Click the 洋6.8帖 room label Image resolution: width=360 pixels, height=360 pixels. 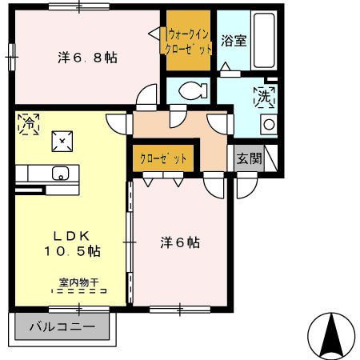pyautogui.click(x=87, y=58)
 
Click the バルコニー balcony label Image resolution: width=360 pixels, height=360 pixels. pyautogui.click(x=62, y=326)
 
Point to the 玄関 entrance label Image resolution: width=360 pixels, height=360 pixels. pyautogui.click(x=248, y=158)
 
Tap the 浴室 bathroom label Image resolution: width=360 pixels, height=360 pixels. pyautogui.click(x=233, y=41)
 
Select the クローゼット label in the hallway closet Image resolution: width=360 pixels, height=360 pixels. pyautogui.click(x=162, y=158)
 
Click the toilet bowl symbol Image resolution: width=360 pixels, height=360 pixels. pyautogui.click(x=192, y=90)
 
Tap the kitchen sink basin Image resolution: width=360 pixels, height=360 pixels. pyautogui.click(x=60, y=173)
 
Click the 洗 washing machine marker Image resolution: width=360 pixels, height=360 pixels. pyautogui.click(x=264, y=98)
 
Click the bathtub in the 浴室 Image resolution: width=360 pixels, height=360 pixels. pyautogui.click(x=261, y=40)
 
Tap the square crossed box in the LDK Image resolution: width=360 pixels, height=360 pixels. pyautogui.click(x=62, y=142)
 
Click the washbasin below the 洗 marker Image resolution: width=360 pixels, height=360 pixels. pyautogui.click(x=269, y=124)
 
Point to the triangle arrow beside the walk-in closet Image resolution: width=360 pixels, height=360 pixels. pyautogui.click(x=156, y=34)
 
